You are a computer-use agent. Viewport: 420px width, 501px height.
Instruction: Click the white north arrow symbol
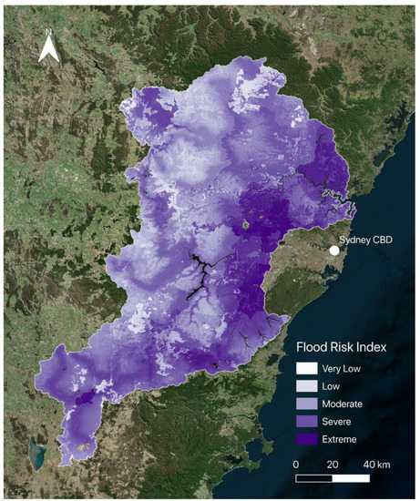[49, 52]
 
